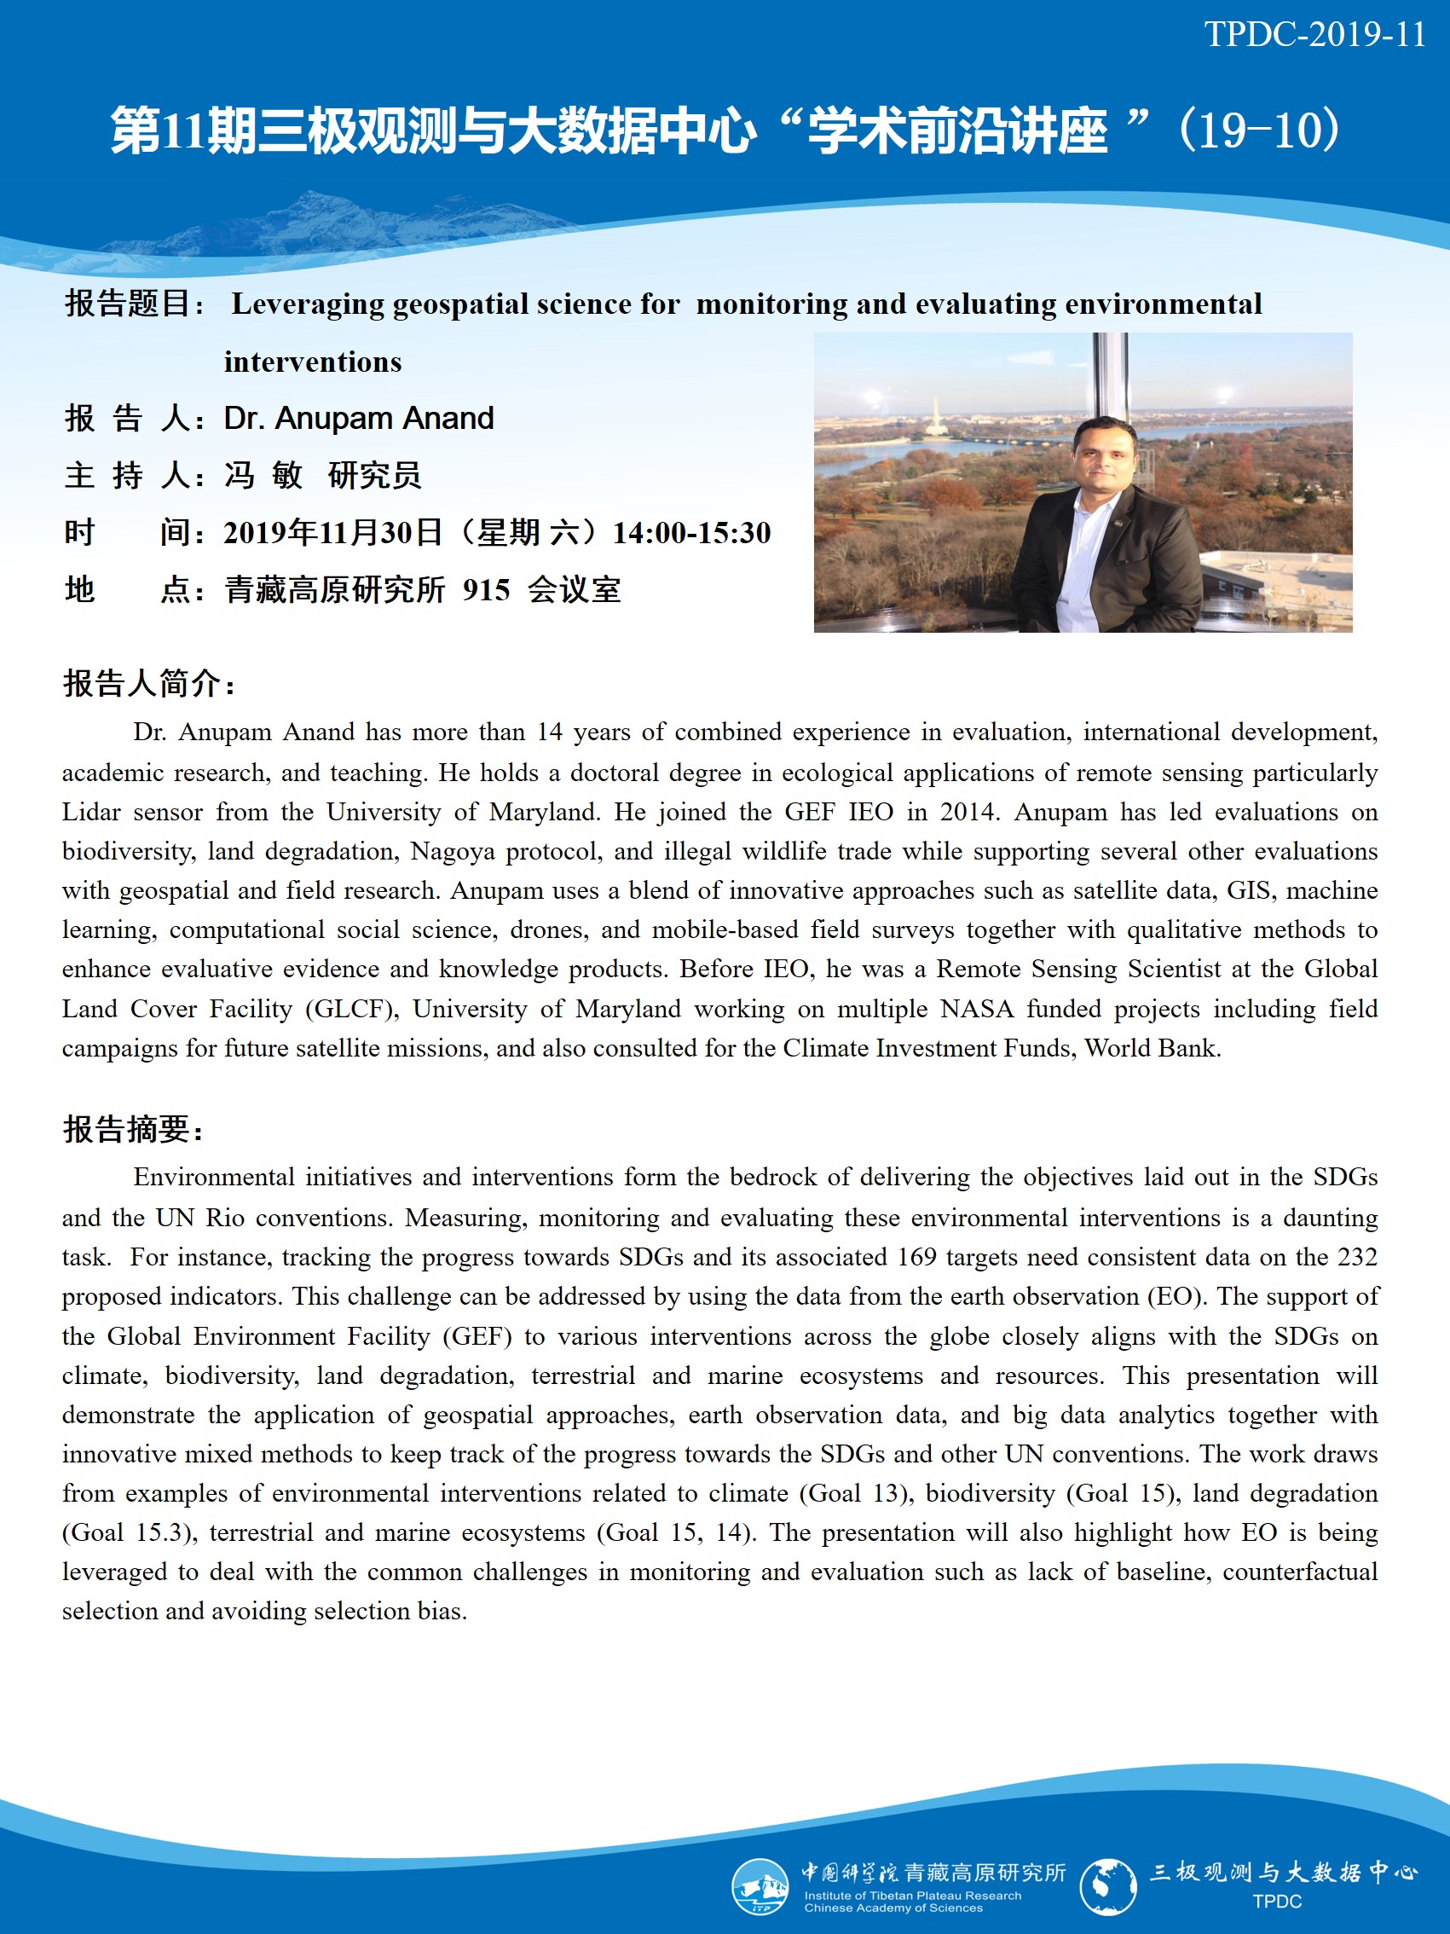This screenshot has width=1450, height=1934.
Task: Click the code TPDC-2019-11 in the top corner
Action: point(1314,35)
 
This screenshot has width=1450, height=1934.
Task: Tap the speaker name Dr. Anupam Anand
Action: point(358,419)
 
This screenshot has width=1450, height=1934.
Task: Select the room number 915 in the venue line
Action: point(486,590)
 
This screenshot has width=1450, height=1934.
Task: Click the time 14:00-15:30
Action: point(691,532)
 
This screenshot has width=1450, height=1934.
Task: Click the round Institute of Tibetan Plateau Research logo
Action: point(759,1886)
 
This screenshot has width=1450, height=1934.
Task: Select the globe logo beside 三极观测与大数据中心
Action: point(1107,1886)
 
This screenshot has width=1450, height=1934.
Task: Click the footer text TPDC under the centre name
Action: point(1276,1902)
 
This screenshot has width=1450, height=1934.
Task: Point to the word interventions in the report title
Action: point(313,362)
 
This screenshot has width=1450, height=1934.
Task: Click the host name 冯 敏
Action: point(263,476)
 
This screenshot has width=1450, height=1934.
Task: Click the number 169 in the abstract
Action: point(917,1256)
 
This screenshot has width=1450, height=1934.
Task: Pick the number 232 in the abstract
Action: point(1357,1256)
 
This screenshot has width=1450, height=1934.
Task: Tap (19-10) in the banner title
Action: point(1257,131)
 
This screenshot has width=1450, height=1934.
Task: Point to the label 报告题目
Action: point(129,304)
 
